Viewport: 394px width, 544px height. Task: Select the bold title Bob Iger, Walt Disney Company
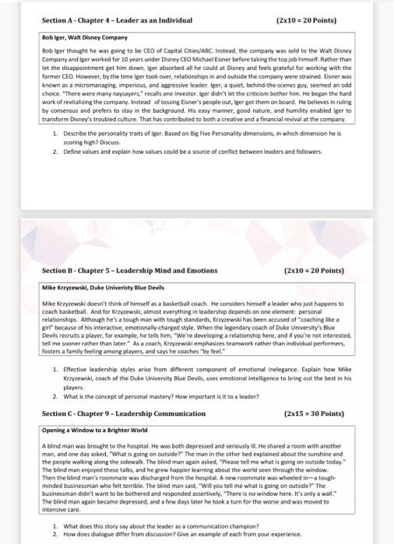click(85, 37)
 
